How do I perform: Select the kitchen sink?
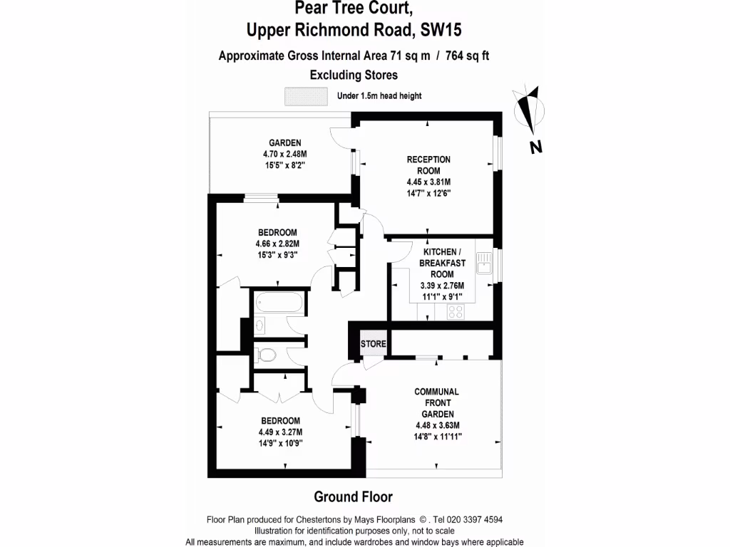point(484,264)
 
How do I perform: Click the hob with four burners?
point(456,311)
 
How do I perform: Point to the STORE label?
point(374,345)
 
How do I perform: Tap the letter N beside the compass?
point(536,147)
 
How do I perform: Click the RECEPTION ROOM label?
point(428,165)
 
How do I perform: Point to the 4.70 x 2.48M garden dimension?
point(284,153)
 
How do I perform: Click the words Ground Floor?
point(353,496)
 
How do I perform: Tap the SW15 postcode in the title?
point(445,30)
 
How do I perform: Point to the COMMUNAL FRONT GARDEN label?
point(436,402)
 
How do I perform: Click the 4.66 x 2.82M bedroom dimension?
point(277,244)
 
